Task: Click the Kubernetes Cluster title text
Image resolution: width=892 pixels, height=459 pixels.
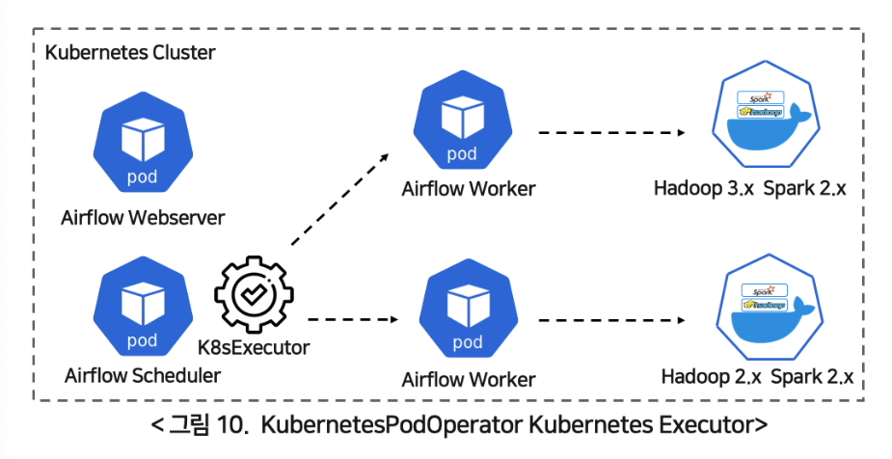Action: [130, 51]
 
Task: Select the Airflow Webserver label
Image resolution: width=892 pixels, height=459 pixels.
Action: [142, 217]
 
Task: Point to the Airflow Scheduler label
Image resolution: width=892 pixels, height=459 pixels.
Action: [142, 375]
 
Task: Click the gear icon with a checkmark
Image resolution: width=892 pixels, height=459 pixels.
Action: [252, 296]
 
